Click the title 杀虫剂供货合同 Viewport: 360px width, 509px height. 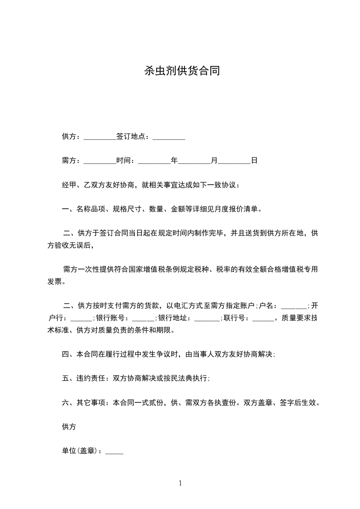coord(182,71)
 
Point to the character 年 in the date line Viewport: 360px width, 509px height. coord(174,161)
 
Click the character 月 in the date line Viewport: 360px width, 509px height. coord(214,161)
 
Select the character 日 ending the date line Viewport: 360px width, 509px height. coord(254,161)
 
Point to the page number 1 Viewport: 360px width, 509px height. coord(180,483)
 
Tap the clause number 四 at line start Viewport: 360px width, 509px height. coord(65,354)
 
